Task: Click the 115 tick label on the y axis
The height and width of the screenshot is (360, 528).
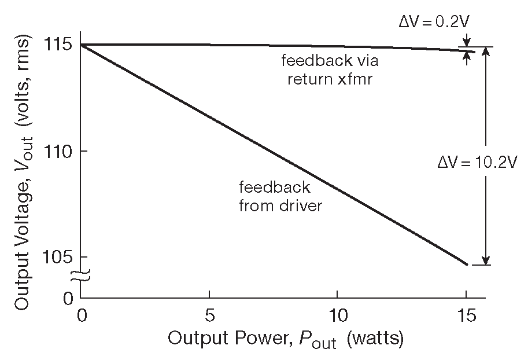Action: coord(59,45)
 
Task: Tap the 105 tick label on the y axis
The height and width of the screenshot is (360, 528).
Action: coord(59,256)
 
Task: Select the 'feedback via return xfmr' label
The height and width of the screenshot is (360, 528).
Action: coord(330,69)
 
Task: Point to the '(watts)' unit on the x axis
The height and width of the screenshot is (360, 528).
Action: coord(375,338)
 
